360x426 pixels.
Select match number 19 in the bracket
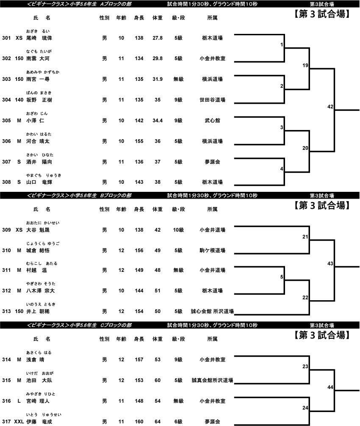[305, 65]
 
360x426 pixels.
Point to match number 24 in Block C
[305, 408]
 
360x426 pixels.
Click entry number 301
[6, 38]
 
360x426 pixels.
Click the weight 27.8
[158, 38]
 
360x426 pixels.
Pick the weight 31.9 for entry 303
[158, 79]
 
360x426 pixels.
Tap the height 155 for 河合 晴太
[139, 141]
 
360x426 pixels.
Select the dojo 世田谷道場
[212, 100]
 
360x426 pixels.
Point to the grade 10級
[178, 230]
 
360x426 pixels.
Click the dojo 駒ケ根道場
[212, 251]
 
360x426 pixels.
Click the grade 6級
[178, 422]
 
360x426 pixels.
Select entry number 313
[6, 311]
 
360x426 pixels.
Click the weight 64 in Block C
[158, 422]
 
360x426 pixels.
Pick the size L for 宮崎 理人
[19, 401]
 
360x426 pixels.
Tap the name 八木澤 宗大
[41, 290]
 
